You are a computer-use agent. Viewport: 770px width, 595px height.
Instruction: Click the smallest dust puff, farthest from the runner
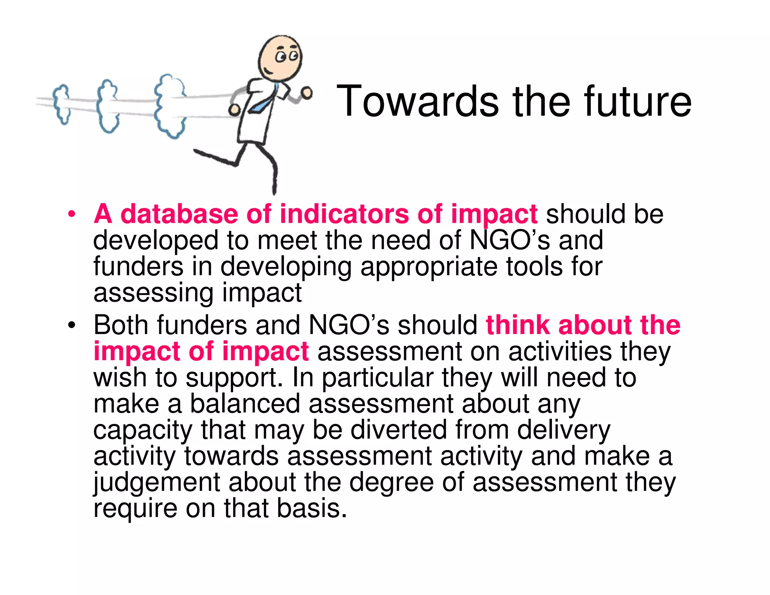(61, 103)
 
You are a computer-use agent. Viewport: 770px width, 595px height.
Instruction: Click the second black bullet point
(71, 325)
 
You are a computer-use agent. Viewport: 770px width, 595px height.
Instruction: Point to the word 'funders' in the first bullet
(138, 266)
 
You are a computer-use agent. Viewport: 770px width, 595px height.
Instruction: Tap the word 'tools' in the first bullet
(534, 266)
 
